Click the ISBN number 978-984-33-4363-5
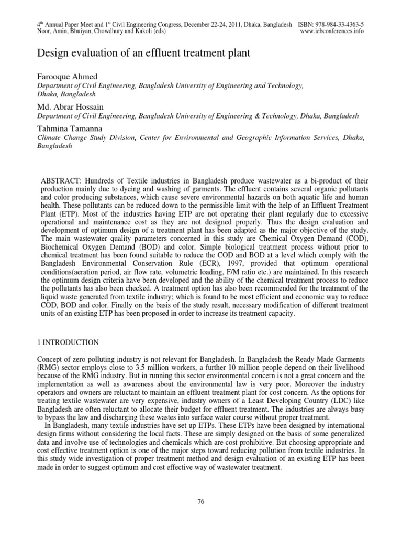pos(340,25)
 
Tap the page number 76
pos(200,501)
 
